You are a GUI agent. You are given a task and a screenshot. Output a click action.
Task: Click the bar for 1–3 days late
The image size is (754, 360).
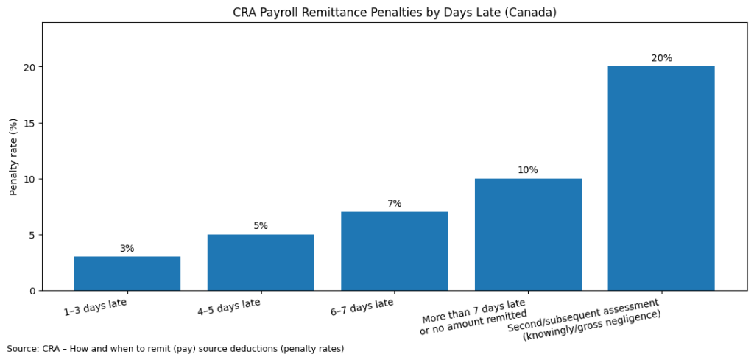[127, 273]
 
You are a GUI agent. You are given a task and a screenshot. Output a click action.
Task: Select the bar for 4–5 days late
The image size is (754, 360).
[261, 262]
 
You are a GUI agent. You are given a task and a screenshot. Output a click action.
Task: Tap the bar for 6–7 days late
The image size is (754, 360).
[394, 251]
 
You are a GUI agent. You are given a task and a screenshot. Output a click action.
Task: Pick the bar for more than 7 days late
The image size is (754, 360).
[528, 234]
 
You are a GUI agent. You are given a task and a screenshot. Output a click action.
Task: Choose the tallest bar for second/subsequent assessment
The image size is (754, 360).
[661, 178]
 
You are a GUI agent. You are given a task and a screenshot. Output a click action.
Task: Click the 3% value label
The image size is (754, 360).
[127, 249]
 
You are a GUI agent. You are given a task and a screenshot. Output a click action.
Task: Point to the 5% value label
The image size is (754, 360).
[261, 226]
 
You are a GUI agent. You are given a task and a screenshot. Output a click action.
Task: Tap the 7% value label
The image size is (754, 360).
[394, 204]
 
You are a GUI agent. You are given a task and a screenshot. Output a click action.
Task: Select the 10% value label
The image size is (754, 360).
[528, 170]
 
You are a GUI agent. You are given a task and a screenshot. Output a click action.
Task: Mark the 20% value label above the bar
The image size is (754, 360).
[661, 58]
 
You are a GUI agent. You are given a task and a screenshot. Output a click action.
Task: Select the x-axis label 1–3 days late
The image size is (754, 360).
[95, 307]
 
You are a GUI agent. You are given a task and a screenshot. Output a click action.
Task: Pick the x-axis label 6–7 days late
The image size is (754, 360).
[362, 307]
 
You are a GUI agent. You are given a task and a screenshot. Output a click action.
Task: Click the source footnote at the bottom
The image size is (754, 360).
[175, 348]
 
